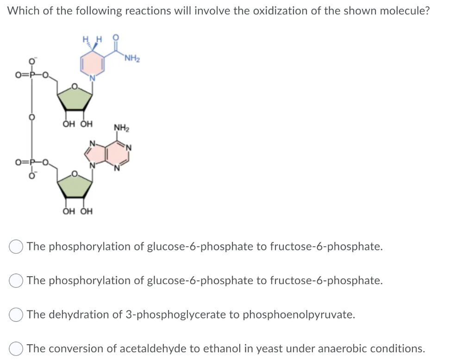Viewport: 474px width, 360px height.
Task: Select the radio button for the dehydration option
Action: pyautogui.click(x=16, y=315)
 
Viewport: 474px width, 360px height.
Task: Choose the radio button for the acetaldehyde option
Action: pyautogui.click(x=16, y=349)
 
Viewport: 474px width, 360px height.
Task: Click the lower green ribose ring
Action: pyautogui.click(x=74, y=186)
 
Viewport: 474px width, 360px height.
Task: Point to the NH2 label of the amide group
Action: pyautogui.click(x=132, y=58)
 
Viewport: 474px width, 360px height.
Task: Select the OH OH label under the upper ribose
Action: pyautogui.click(x=77, y=124)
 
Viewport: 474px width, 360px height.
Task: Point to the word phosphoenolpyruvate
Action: pyautogui.click(x=299, y=315)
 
